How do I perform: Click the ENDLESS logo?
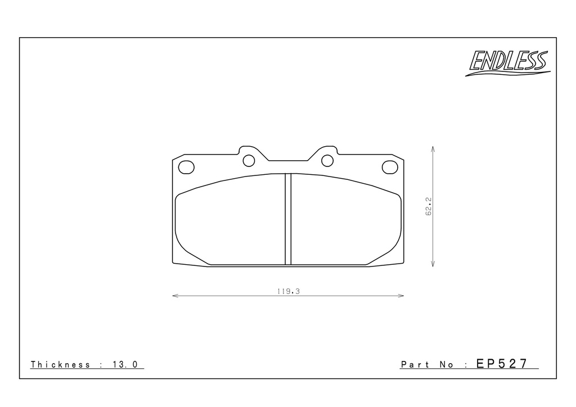coord(508,63)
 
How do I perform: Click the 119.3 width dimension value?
coord(289,291)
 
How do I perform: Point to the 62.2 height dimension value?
coord(429,206)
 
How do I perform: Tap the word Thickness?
coord(60,364)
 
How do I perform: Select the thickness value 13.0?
coord(125,364)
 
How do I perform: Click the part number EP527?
coord(502,364)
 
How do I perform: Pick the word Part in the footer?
coord(415,364)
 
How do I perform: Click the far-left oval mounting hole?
coord(186,168)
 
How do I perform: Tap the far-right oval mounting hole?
coord(390,168)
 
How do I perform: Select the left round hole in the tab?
coord(249,161)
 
